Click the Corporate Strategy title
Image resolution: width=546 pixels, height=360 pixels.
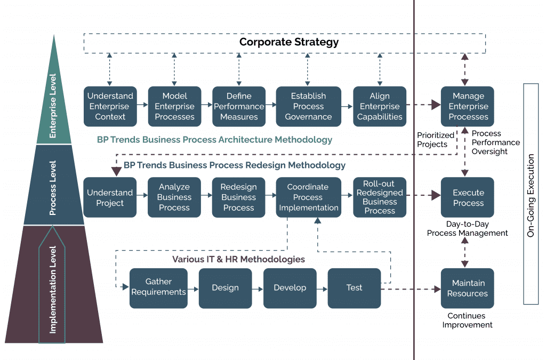(288, 42)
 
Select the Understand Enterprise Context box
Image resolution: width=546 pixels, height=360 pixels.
(110, 106)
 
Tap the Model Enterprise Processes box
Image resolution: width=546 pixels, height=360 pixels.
(174, 106)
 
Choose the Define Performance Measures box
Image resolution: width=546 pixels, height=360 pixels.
(238, 106)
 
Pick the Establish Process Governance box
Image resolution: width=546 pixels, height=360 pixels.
(308, 106)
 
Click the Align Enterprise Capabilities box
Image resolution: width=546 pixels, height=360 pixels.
(380, 106)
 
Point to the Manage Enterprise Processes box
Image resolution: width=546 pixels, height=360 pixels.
(468, 106)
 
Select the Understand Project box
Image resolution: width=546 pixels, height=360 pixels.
(110, 197)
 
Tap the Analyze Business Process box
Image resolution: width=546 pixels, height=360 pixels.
(174, 197)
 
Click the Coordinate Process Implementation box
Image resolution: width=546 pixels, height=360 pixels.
(308, 197)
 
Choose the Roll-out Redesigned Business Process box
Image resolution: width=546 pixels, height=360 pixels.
(380, 197)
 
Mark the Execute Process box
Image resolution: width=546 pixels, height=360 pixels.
(468, 197)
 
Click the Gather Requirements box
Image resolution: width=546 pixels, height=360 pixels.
(158, 288)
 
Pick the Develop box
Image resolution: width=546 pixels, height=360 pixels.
(290, 288)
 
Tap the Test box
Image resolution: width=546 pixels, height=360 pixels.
(354, 288)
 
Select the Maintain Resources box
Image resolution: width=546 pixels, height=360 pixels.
(468, 288)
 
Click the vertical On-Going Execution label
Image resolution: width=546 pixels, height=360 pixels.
(531, 195)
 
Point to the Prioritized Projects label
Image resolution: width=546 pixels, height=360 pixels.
(436, 140)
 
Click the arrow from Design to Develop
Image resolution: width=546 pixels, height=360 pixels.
(258, 289)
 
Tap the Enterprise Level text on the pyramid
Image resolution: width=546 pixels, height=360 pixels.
(53, 106)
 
